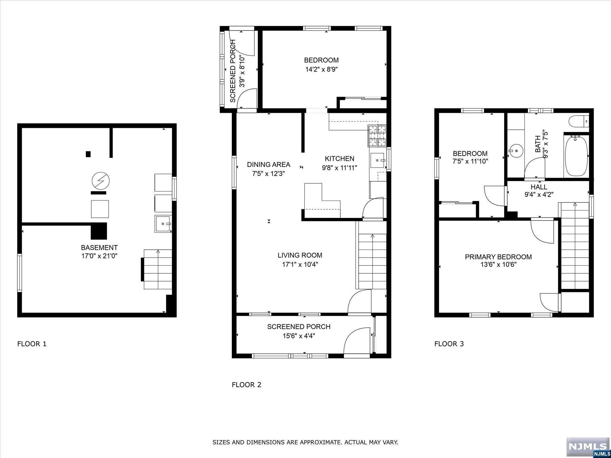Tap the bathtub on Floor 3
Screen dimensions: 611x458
pos(576,156)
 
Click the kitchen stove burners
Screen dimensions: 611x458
pos(377,136)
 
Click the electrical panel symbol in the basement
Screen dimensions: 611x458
pos(101,180)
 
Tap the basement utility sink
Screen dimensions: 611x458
pos(163,224)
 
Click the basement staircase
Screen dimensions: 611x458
pos(158,269)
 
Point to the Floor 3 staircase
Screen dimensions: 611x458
pos(575,246)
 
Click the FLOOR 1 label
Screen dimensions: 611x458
pos(32,344)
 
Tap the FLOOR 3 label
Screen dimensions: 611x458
pos(449,344)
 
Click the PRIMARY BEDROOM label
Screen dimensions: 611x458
pos(498,257)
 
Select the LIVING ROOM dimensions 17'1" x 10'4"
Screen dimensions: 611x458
pos(300,264)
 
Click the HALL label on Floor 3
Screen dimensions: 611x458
pos(539,187)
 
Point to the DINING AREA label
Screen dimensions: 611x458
pos(269,164)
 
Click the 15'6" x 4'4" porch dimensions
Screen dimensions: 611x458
pos(299,336)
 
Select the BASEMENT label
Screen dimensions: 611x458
pos(99,247)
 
